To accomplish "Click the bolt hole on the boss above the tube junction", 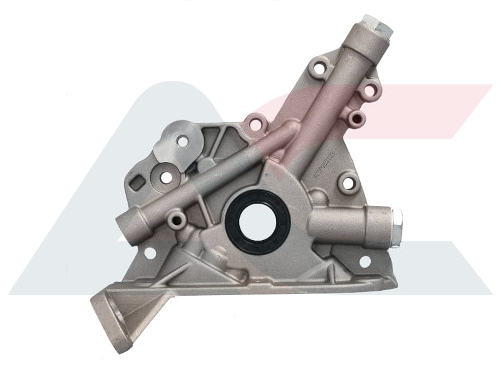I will [x=255, y=124].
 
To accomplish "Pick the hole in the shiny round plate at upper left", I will [x=182, y=142].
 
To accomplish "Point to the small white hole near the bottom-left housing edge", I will [x=151, y=253].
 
